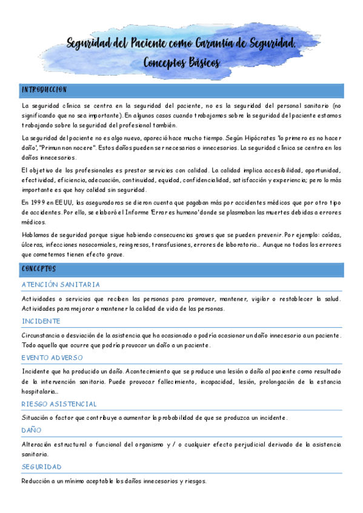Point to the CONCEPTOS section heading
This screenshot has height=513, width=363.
pyautogui.click(x=39, y=268)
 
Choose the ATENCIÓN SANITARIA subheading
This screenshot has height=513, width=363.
pyautogui.click(x=61, y=284)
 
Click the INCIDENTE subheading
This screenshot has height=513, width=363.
pyautogui.click(x=41, y=321)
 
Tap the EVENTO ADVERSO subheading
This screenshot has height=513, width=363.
pyautogui.click(x=52, y=358)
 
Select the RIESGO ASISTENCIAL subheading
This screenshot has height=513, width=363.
pyautogui.click(x=59, y=404)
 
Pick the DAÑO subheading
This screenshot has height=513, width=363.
pyautogui.click(x=31, y=430)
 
